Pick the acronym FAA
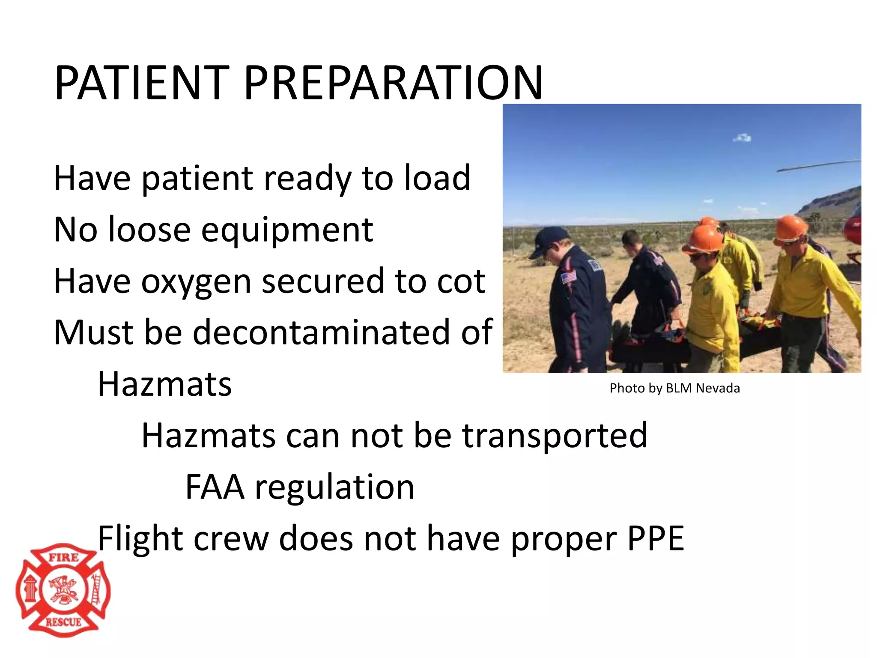tap(215, 487)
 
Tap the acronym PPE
tap(656, 538)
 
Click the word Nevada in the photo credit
tap(718, 388)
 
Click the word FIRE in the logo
tap(63, 558)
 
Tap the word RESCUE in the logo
tap(63, 622)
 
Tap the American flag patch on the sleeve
tap(569, 277)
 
